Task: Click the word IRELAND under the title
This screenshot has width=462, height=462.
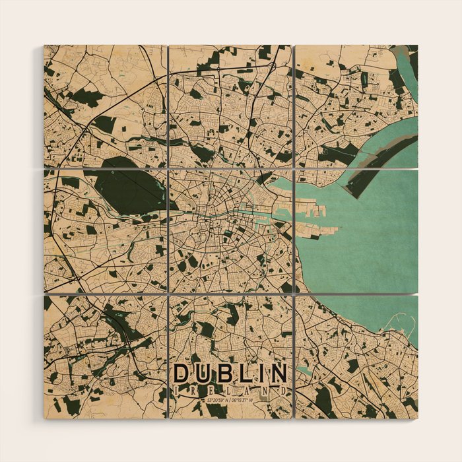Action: pos(231,391)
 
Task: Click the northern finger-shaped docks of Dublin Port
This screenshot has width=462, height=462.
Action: pos(310,211)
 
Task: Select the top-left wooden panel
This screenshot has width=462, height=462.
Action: pos(105,106)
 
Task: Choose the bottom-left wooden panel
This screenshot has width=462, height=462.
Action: pos(105,356)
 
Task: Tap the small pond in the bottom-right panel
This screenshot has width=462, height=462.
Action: pos(304,370)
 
